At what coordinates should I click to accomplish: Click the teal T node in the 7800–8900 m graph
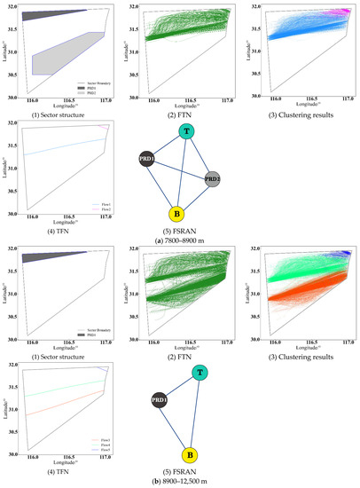point(186,131)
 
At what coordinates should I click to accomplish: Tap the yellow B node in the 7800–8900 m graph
point(176,215)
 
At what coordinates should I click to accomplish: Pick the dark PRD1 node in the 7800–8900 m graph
point(146,158)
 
